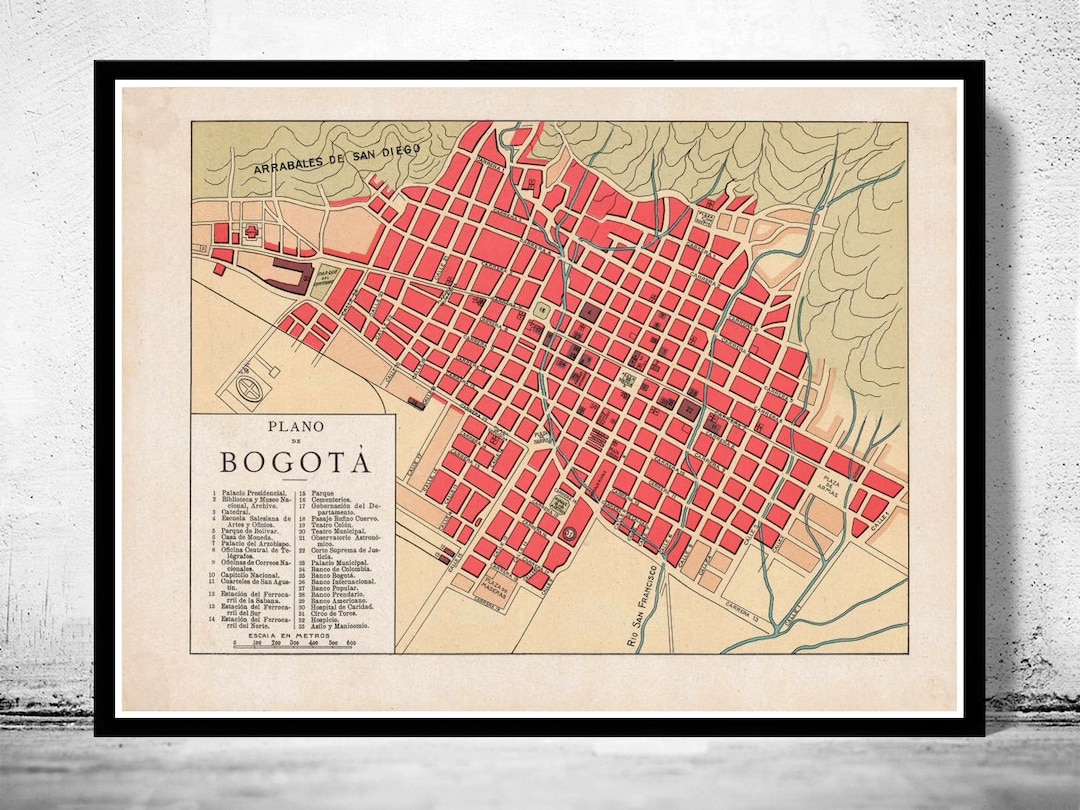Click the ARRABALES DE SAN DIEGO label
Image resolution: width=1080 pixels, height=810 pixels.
coord(338,159)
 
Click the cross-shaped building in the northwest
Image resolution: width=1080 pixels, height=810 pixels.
coord(249,232)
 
